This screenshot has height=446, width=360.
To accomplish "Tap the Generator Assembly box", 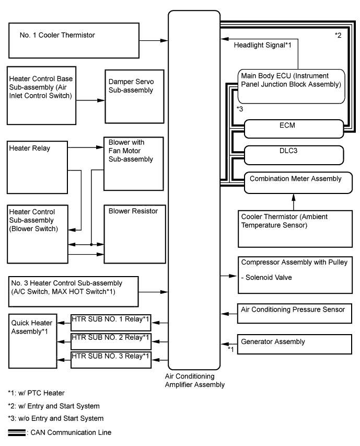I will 295,344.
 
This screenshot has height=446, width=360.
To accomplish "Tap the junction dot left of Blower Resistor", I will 91,244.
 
